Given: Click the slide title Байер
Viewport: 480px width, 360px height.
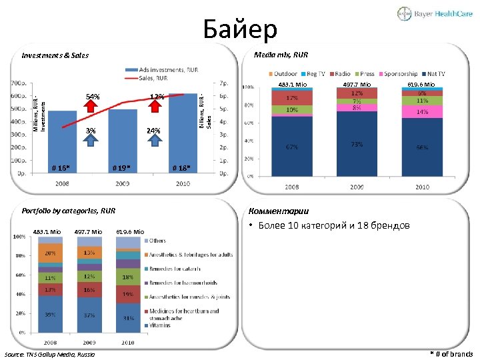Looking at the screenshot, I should [x=239, y=29].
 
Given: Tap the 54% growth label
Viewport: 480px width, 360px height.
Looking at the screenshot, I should [x=93, y=97].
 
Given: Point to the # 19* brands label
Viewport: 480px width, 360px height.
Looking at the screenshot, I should [x=121, y=167].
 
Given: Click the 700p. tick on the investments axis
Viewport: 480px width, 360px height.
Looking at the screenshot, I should [x=18, y=83].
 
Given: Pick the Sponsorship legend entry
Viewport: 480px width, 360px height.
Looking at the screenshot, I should [x=401, y=74].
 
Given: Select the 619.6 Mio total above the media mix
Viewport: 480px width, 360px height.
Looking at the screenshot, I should [x=421, y=85].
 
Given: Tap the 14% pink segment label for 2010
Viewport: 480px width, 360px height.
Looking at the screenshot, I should [x=422, y=113].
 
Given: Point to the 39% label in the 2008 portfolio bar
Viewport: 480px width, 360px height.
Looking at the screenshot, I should [x=49, y=314].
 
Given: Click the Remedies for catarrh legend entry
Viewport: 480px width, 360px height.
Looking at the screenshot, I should [x=175, y=268].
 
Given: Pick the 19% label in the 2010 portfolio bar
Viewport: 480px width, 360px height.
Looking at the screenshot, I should [x=127, y=293].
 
